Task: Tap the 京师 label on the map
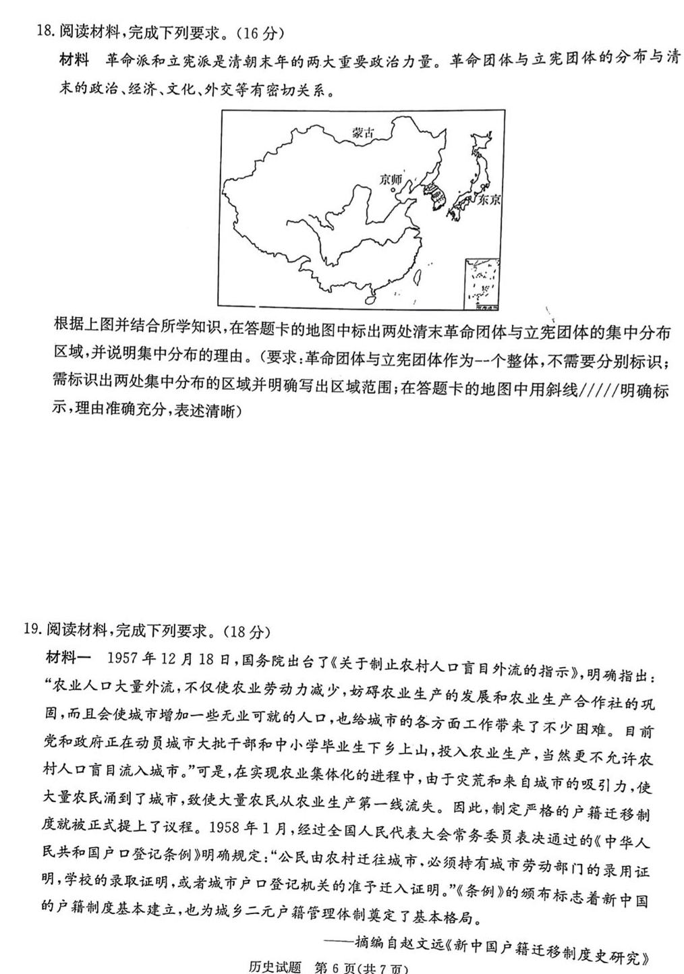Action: coord(391,179)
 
